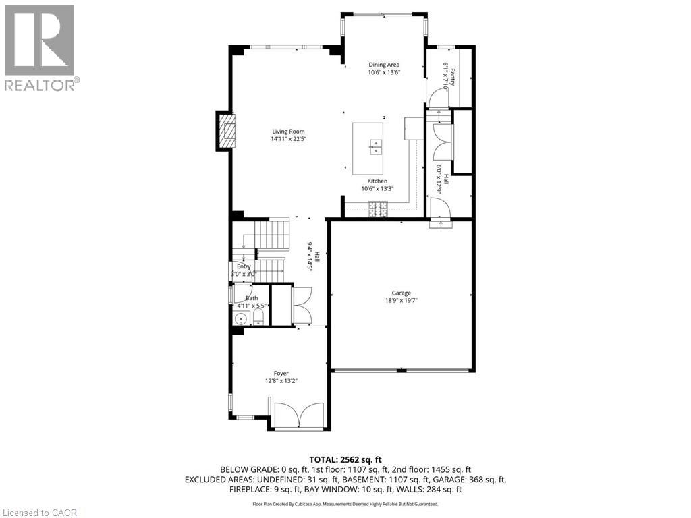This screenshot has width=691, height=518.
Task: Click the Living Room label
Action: click(x=288, y=132)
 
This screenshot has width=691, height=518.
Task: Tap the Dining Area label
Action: click(x=383, y=65)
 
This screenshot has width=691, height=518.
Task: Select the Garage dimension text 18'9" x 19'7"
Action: click(x=401, y=301)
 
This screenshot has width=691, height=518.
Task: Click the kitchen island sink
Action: click(x=375, y=146)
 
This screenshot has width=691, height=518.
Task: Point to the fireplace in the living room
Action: click(x=227, y=130)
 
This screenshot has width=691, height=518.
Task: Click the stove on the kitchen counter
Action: click(x=377, y=213)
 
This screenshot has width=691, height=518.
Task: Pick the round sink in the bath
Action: click(x=240, y=319)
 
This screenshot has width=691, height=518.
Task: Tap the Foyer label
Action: click(x=281, y=373)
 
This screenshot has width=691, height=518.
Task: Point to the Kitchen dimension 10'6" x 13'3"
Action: click(x=377, y=189)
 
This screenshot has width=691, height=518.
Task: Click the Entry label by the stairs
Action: click(x=243, y=266)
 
